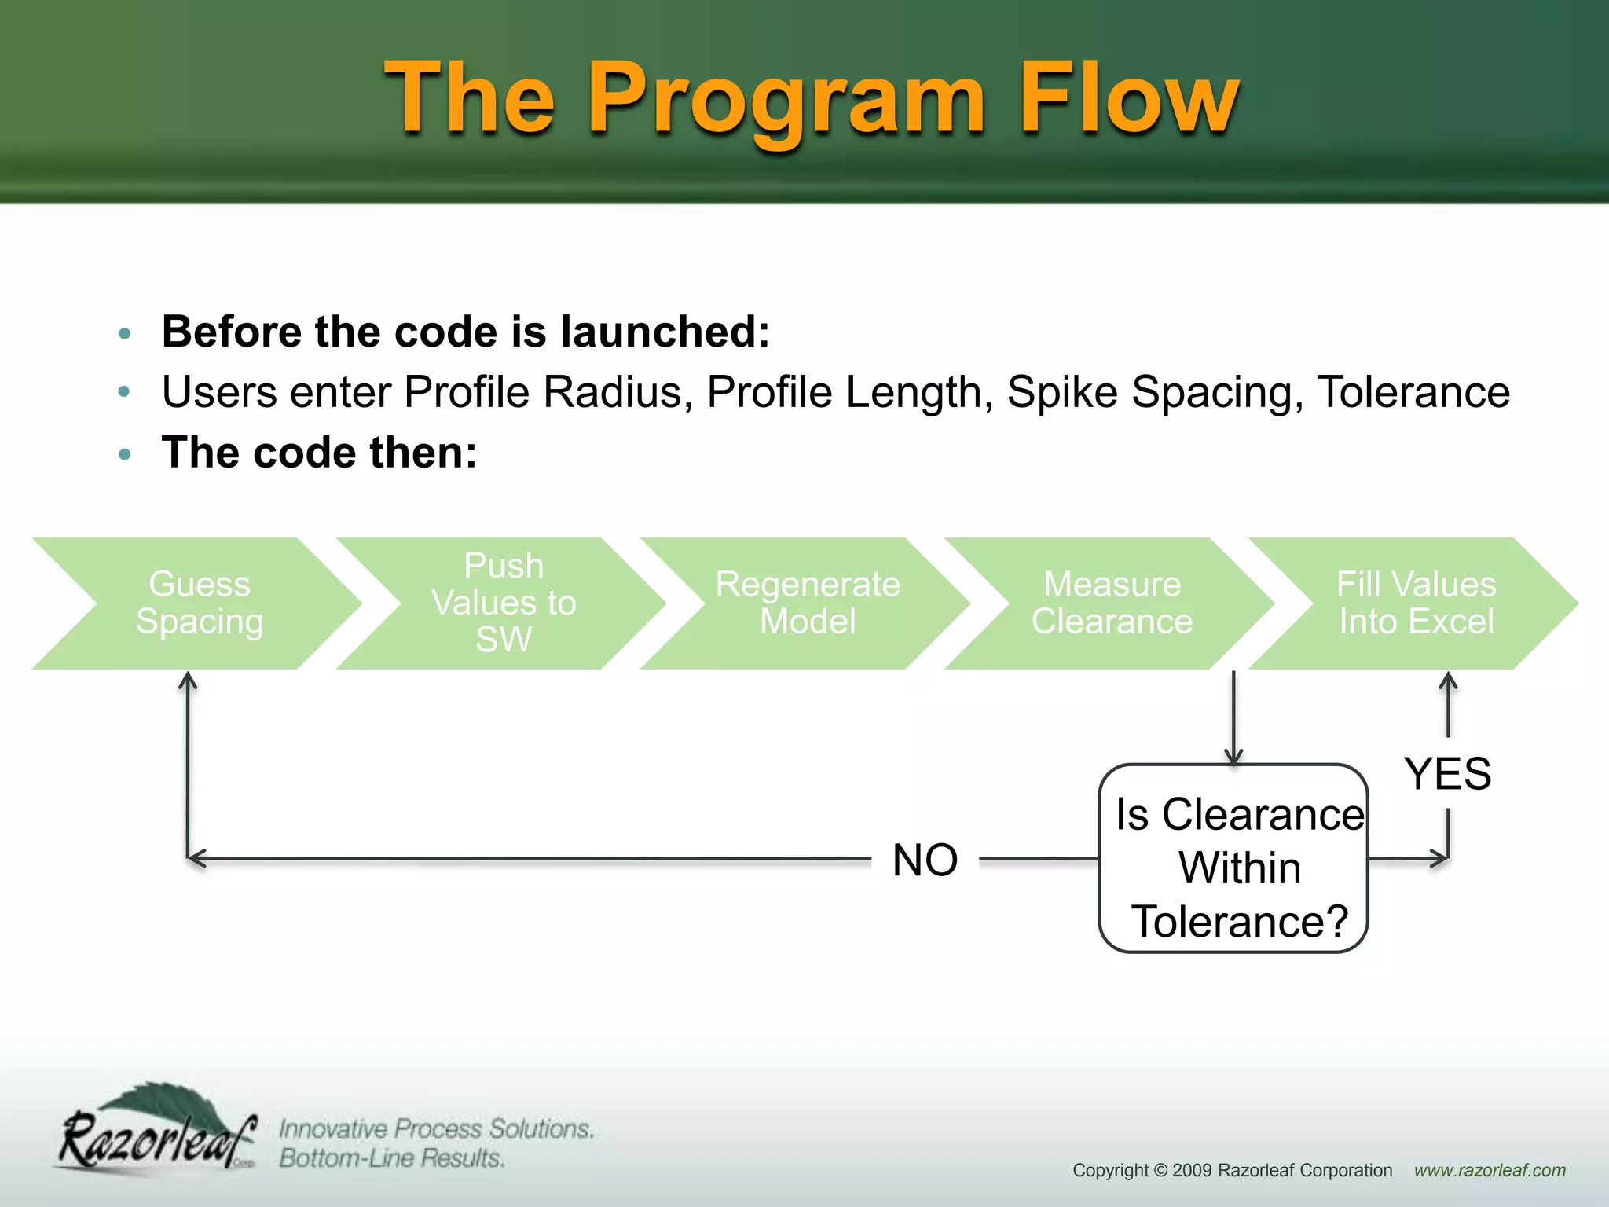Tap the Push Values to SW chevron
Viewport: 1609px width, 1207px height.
click(503, 603)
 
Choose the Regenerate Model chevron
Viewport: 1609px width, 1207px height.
click(808, 603)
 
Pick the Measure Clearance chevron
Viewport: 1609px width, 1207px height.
click(1111, 603)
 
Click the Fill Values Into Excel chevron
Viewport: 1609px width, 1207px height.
click(1416, 603)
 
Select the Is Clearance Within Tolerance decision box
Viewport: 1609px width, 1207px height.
click(1233, 858)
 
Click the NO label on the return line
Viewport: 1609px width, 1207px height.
click(925, 860)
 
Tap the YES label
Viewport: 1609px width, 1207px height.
click(1447, 774)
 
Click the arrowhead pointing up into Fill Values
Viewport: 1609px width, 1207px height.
click(1448, 681)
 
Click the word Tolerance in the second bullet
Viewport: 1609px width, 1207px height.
click(1413, 392)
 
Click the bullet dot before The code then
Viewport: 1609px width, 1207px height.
click(124, 454)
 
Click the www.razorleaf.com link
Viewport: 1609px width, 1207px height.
click(1490, 1170)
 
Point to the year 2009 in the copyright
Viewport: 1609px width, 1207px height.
click(1191, 1170)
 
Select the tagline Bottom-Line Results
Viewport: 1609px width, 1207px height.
click(391, 1158)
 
